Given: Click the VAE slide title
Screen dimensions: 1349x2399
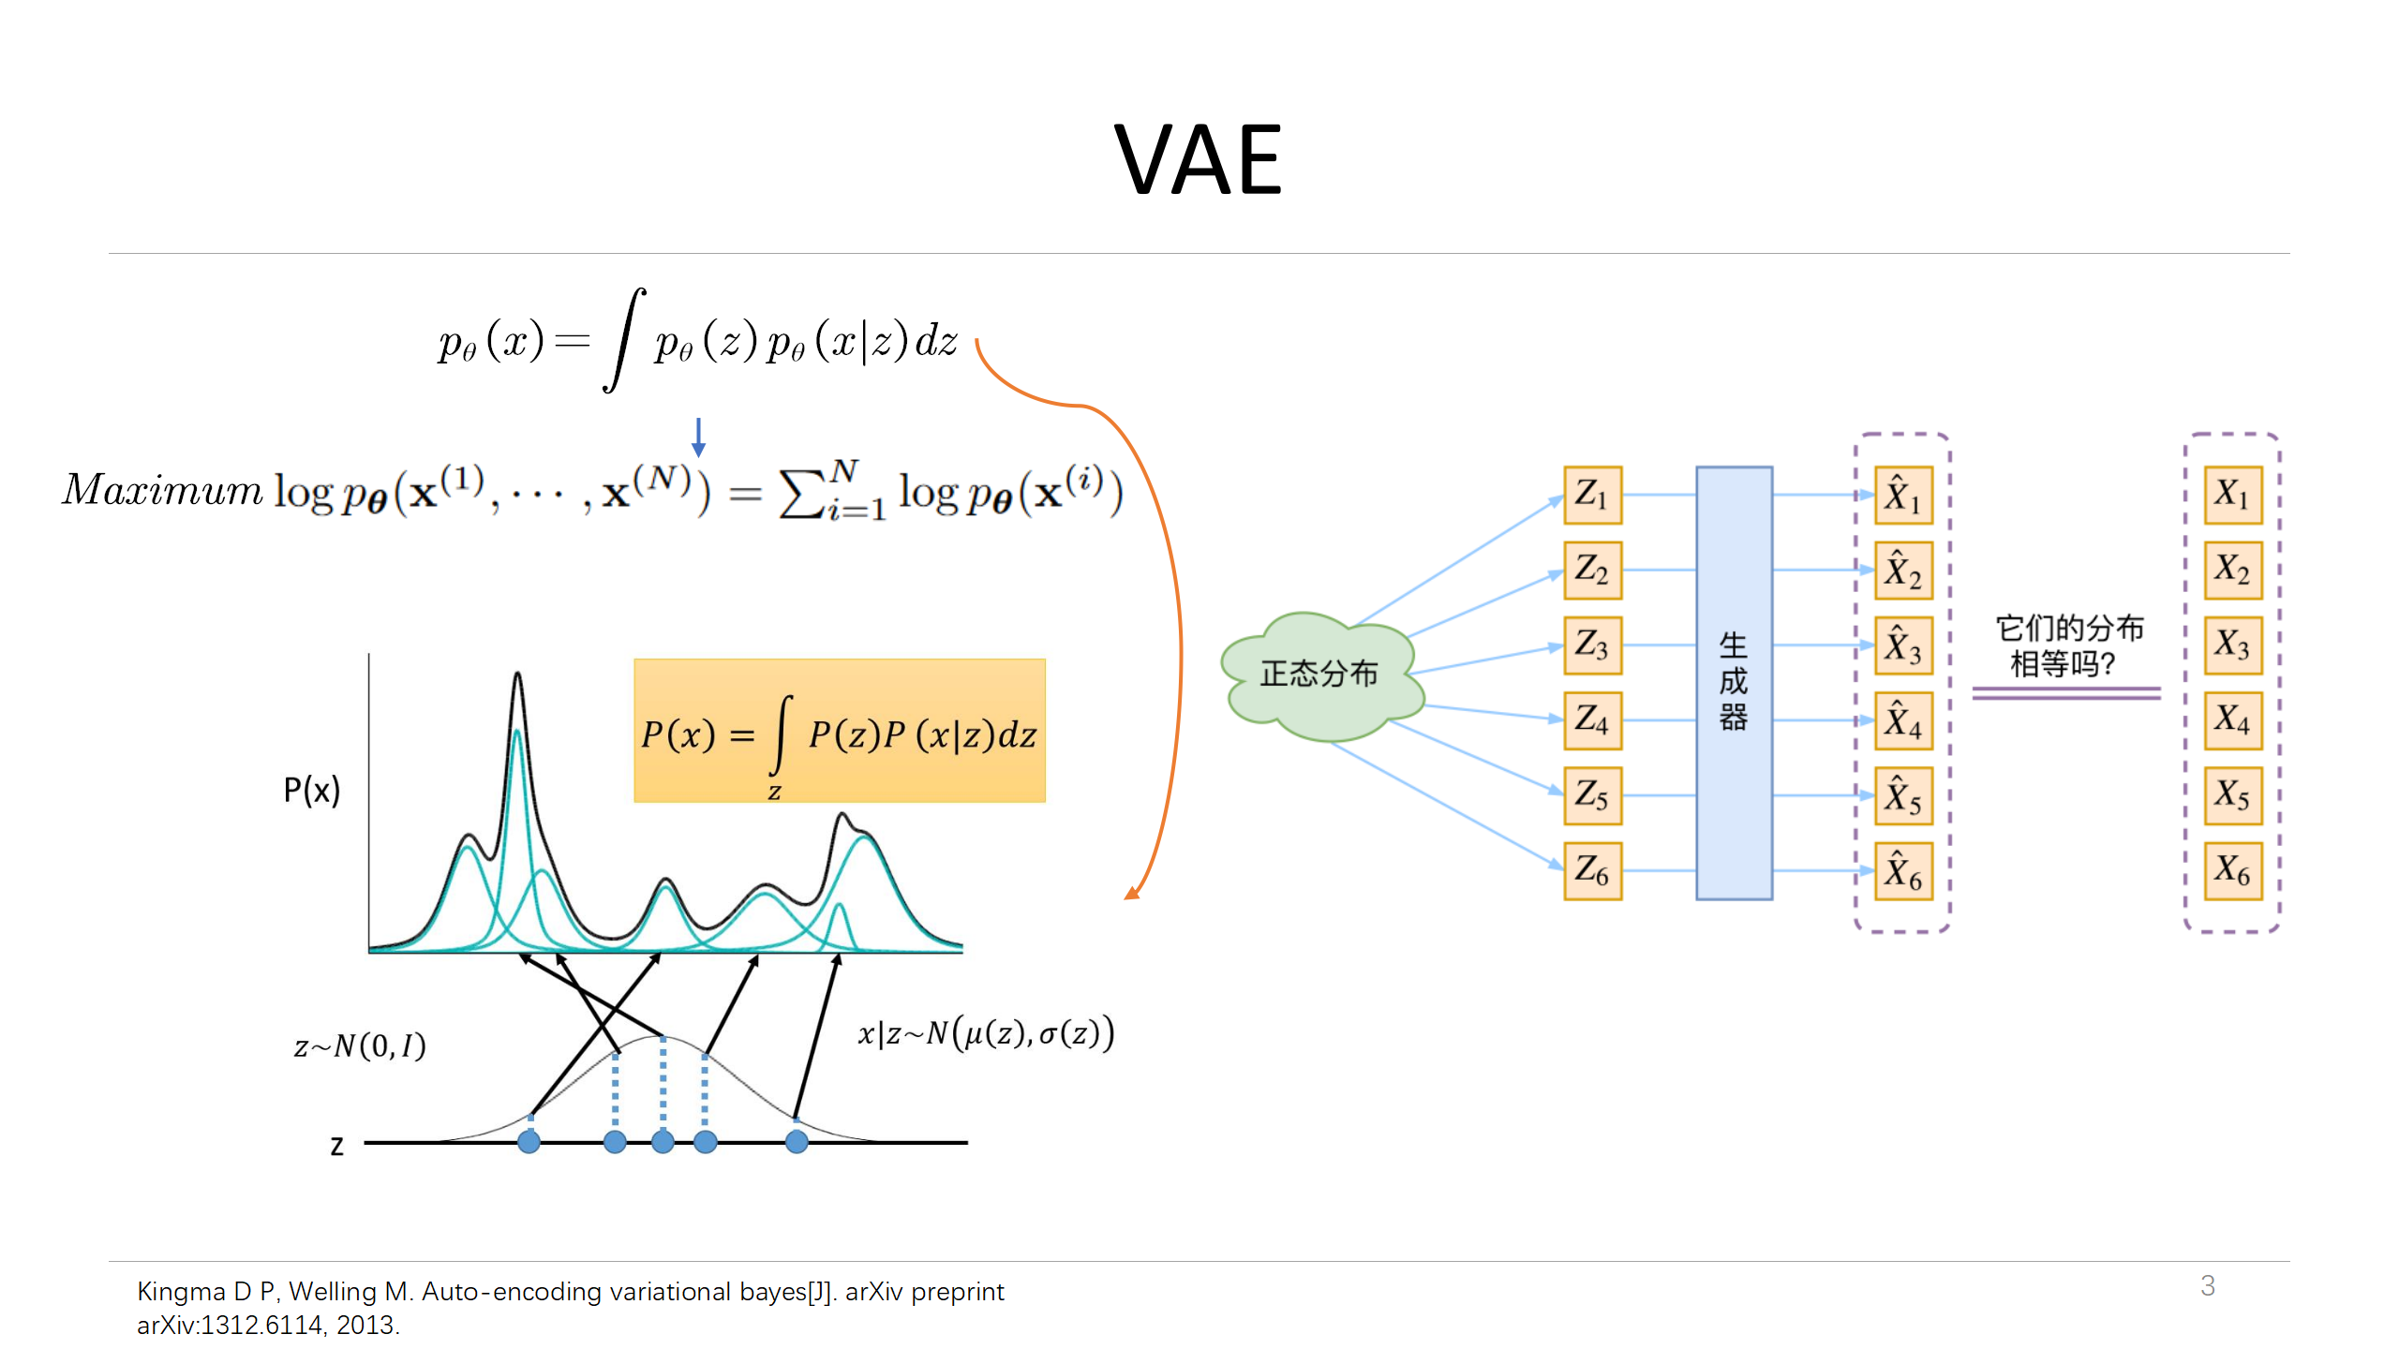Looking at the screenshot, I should click(x=1198, y=161).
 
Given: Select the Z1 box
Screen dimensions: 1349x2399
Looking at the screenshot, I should click(x=1592, y=495).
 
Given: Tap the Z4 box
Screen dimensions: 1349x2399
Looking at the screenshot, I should click(x=1592, y=720).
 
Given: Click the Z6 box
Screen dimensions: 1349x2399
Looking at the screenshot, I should click(x=1592, y=870).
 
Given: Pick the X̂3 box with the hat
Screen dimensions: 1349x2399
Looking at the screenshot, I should click(x=1903, y=645).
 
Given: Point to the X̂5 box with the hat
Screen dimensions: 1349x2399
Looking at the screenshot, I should click(x=1903, y=795).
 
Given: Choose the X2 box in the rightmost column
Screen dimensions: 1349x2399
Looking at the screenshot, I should click(x=2232, y=570).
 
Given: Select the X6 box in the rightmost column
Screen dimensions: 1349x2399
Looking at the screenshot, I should click(x=2232, y=870).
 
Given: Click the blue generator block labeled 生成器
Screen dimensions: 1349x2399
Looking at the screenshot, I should click(x=1734, y=683).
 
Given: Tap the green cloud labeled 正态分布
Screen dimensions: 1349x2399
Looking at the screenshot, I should click(x=1319, y=674).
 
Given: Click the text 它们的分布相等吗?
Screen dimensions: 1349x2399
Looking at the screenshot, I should click(x=2068, y=645).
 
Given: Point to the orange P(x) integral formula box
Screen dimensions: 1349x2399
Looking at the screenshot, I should click(x=839, y=731).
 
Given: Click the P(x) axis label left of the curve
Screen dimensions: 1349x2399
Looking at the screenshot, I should click(x=311, y=791).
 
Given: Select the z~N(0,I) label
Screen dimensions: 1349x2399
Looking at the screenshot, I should click(x=360, y=1045).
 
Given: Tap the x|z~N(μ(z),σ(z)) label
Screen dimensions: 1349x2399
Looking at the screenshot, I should click(x=986, y=1033).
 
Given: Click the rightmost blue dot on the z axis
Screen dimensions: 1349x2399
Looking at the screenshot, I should click(x=797, y=1142).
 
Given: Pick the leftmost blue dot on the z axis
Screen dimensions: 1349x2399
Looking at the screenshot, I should click(x=529, y=1142).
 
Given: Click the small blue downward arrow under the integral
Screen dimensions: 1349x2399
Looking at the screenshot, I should click(x=698, y=437).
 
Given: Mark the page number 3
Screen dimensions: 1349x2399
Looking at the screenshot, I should click(x=2208, y=1285).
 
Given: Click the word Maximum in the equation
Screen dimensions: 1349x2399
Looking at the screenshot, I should click(x=163, y=490).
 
